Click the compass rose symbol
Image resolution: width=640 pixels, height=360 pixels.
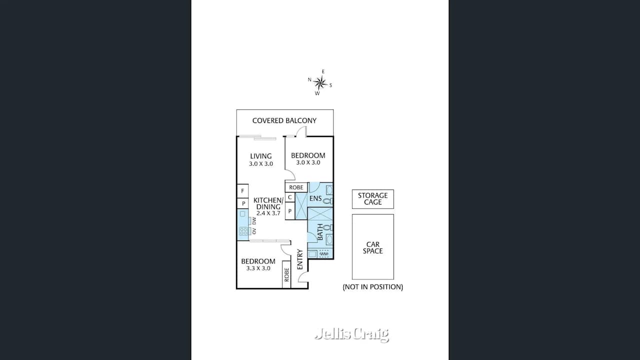(x=320, y=82)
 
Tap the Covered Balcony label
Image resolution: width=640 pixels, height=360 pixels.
(x=284, y=120)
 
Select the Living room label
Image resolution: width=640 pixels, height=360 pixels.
(x=261, y=156)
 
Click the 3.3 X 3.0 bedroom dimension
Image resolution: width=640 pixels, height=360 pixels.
(x=258, y=268)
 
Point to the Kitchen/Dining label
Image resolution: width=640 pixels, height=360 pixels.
(x=268, y=203)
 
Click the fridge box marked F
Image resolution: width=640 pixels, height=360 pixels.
(x=242, y=191)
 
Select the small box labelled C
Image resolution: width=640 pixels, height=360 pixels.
(x=289, y=197)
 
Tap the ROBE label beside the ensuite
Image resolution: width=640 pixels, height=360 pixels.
(x=296, y=187)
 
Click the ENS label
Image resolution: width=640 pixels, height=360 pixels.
(x=315, y=198)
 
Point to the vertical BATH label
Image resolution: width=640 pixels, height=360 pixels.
(x=320, y=232)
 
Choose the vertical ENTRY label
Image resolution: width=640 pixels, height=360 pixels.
(x=299, y=259)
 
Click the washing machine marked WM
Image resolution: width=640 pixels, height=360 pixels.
(x=324, y=253)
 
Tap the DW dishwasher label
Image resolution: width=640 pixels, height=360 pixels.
(x=254, y=221)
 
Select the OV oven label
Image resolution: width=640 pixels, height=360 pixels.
(x=254, y=231)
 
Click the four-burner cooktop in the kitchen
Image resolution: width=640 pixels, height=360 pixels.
(x=243, y=231)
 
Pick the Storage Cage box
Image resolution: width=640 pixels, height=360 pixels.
(x=373, y=199)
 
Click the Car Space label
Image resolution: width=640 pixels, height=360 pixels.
(x=373, y=247)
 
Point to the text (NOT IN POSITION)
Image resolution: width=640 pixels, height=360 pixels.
(x=373, y=287)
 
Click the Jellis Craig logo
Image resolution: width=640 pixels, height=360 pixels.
(x=351, y=334)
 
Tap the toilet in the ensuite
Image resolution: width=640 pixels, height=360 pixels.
(x=328, y=201)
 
